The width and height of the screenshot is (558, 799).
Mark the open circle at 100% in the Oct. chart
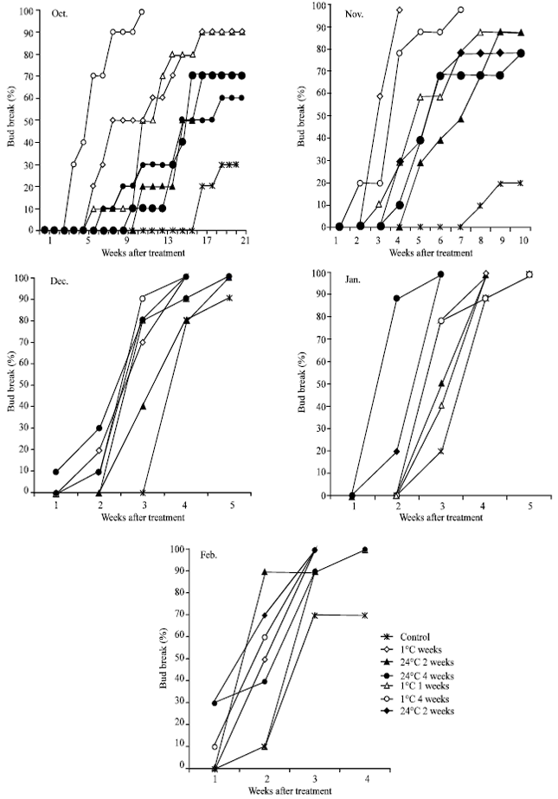click(x=142, y=12)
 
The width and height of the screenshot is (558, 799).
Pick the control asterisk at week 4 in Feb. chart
click(x=364, y=615)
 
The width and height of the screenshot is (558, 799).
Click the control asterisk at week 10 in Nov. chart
click(x=520, y=183)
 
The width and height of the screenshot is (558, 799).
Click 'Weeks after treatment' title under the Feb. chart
click(x=290, y=791)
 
